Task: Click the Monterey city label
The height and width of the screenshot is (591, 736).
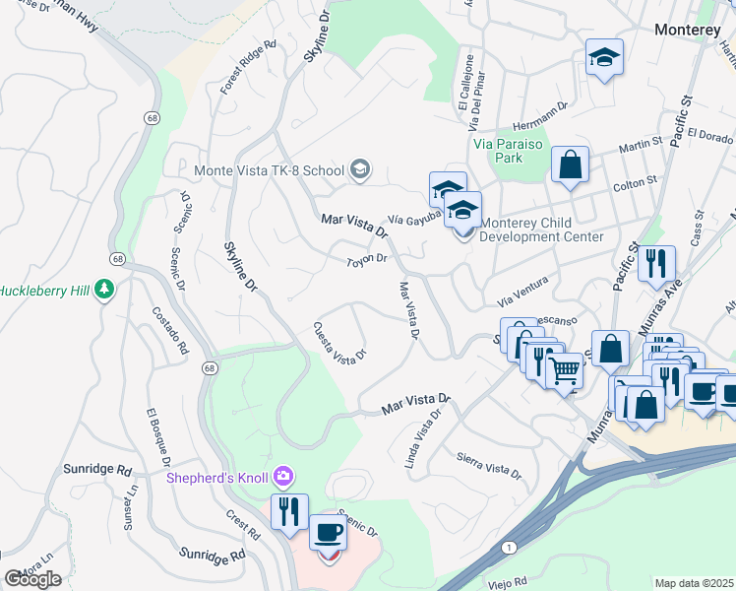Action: pos(688,31)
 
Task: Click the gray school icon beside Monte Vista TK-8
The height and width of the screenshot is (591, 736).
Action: pos(360,170)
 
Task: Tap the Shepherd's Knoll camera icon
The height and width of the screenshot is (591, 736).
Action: pos(283,478)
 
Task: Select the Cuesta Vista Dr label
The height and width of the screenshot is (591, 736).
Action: pos(339,341)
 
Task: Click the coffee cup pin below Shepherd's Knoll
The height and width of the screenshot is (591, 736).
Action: pos(328,533)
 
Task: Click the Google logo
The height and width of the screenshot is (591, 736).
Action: pos(32,579)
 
